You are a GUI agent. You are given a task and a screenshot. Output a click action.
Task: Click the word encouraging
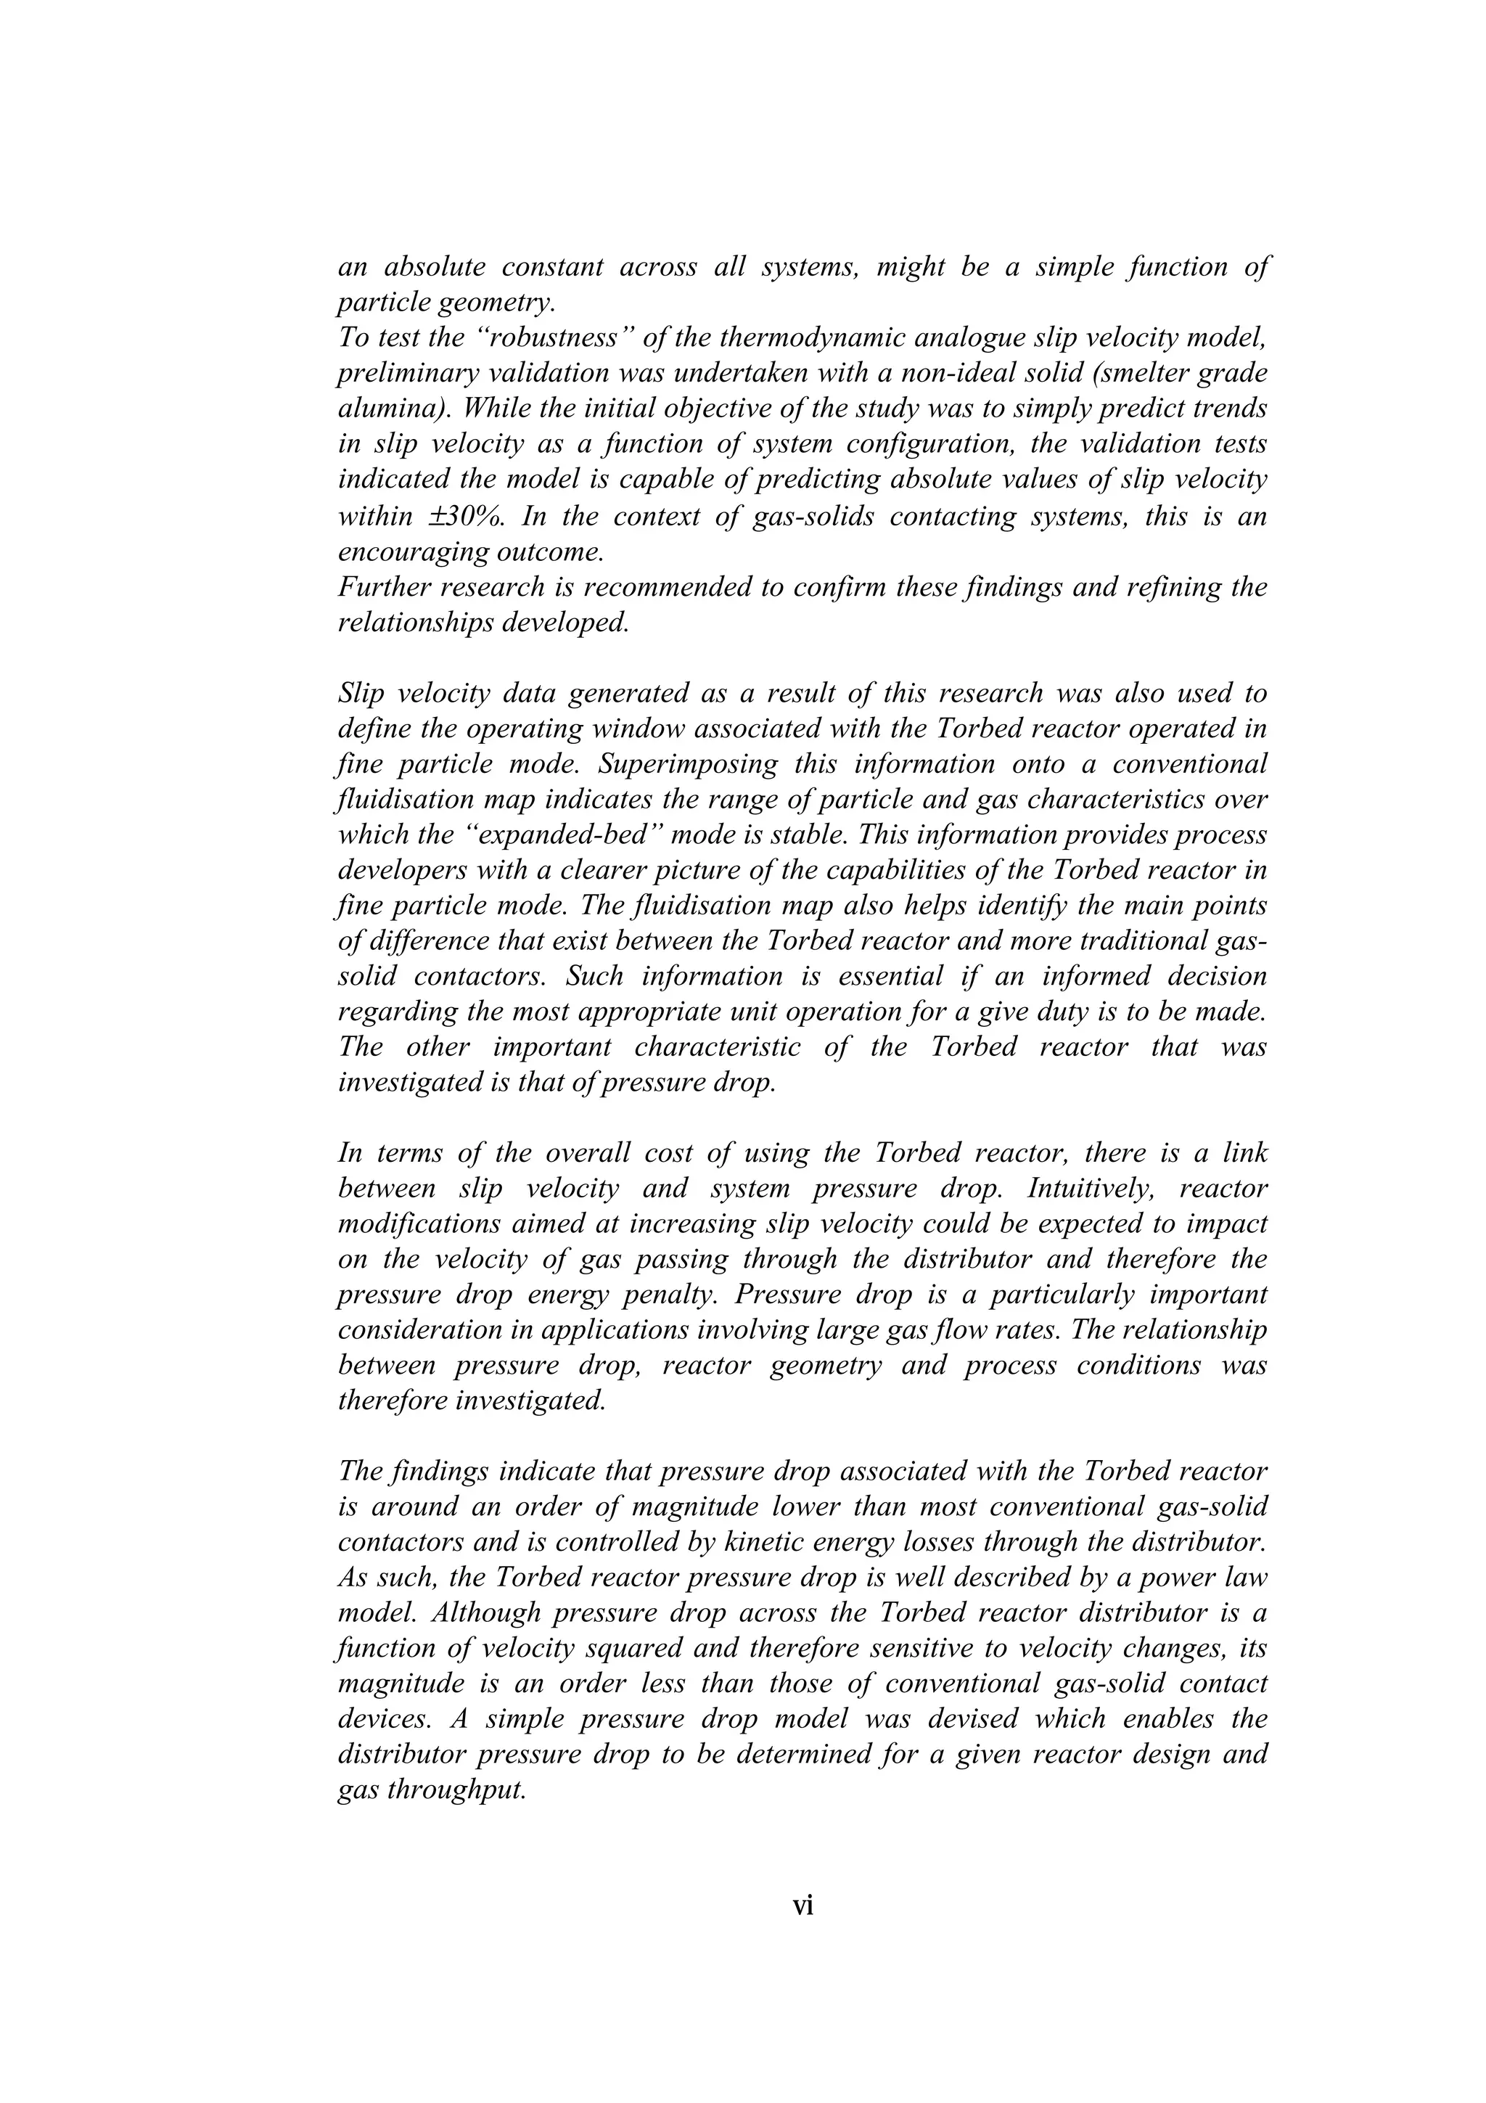(409, 553)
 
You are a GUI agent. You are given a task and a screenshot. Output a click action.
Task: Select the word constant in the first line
(551, 268)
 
